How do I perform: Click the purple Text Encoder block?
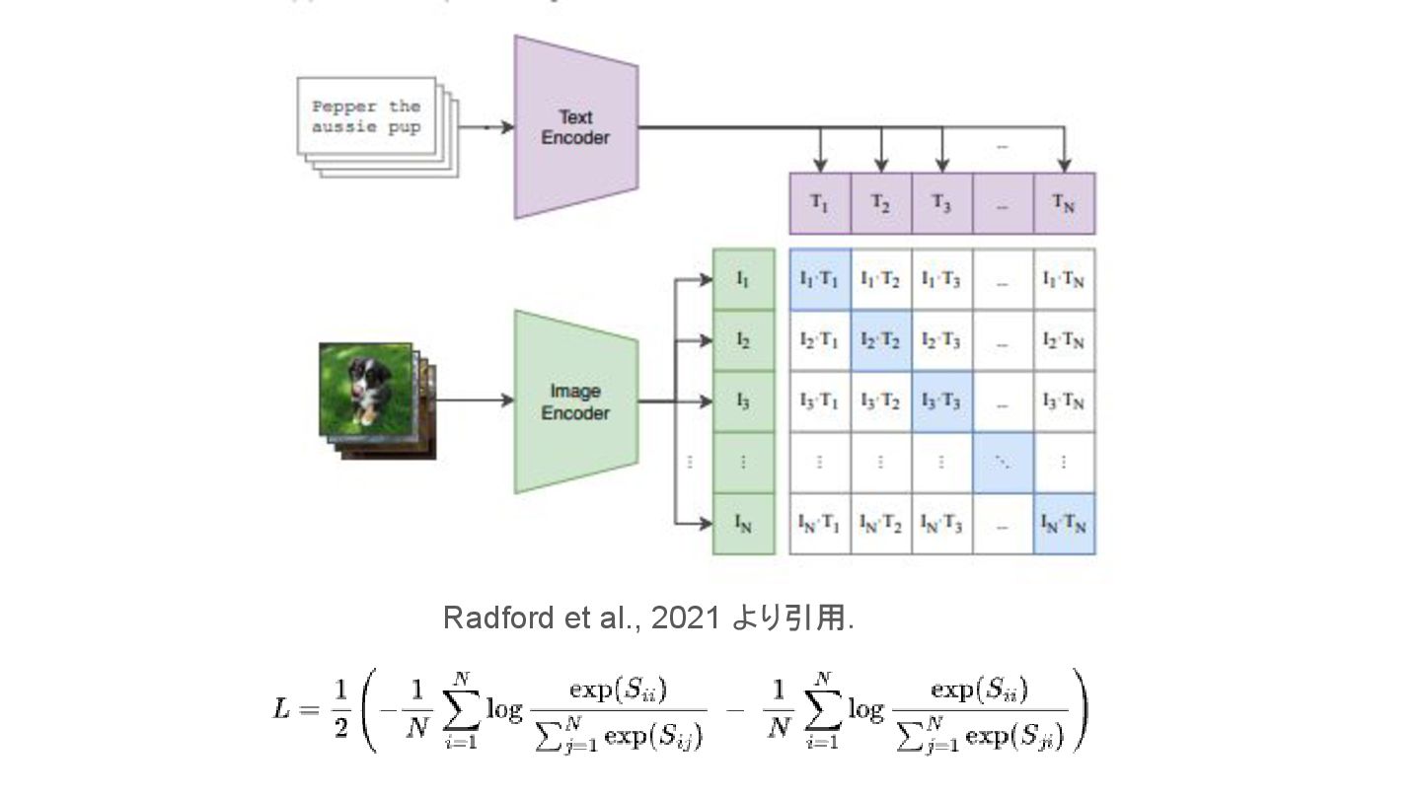575,128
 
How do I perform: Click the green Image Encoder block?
575,402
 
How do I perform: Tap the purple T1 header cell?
819,203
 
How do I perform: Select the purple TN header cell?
1064,203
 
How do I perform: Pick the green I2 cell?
743,341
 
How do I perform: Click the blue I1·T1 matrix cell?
819,279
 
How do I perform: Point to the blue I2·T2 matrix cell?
880,340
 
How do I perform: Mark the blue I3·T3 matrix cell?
941,401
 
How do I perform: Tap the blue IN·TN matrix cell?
1064,524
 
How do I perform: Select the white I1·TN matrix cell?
1064,279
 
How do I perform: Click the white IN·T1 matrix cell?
819,524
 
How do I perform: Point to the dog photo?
366,389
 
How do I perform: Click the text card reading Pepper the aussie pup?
366,116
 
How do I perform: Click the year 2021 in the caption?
686,617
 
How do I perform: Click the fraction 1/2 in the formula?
339,709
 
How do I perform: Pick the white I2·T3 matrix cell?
941,340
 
